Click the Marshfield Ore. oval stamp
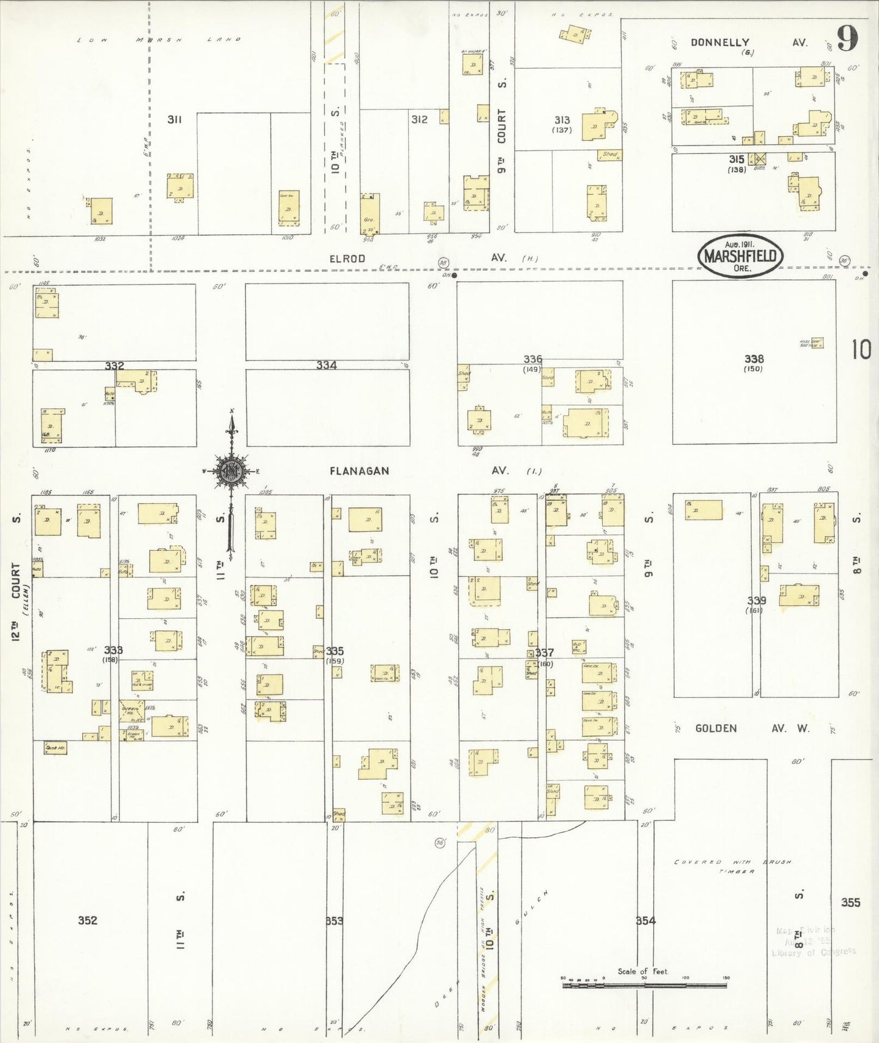pyautogui.click(x=740, y=256)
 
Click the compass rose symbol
pyautogui.click(x=231, y=471)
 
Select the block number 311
pyautogui.click(x=175, y=119)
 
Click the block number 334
pyautogui.click(x=326, y=365)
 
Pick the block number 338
pyautogui.click(x=754, y=359)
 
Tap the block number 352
pyautogui.click(x=88, y=920)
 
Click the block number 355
pyautogui.click(x=850, y=902)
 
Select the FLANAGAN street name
pyautogui.click(x=360, y=471)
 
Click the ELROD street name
pyautogui.click(x=347, y=259)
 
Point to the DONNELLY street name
pyautogui.click(x=720, y=43)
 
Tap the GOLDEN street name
pyautogui.click(x=716, y=728)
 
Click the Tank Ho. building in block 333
pyautogui.click(x=55, y=748)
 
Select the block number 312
pyautogui.click(x=419, y=119)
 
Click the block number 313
pyautogui.click(x=562, y=120)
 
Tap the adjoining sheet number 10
pyautogui.click(x=861, y=350)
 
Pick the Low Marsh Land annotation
pyautogui.click(x=159, y=40)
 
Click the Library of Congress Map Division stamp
pyautogui.click(x=813, y=941)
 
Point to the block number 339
pyautogui.click(x=756, y=601)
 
